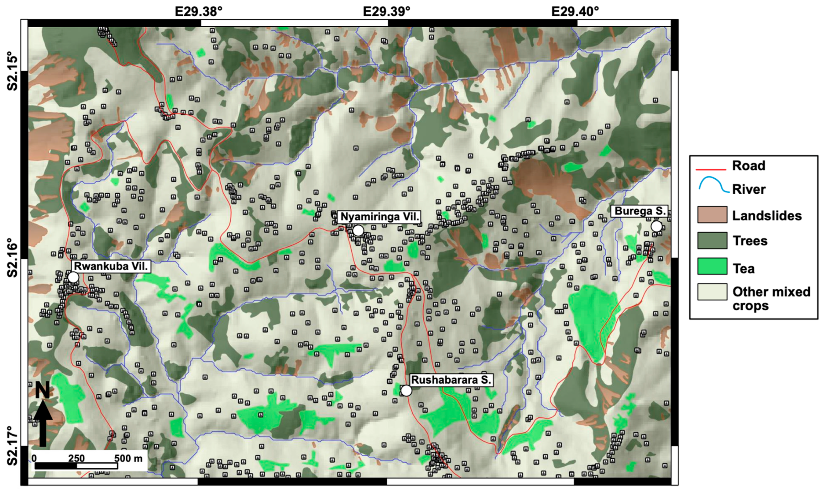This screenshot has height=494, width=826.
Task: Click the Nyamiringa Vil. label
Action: click(x=380, y=217)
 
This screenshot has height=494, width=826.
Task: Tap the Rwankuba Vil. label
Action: click(x=111, y=266)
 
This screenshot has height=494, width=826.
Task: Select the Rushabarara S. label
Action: click(x=451, y=380)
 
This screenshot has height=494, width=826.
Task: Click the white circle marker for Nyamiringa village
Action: click(x=358, y=230)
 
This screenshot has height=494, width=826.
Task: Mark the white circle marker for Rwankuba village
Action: click(x=73, y=277)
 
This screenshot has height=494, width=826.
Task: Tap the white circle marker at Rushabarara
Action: click(x=406, y=391)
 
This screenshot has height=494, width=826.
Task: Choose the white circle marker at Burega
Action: click(x=656, y=226)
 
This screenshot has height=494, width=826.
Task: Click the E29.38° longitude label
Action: click(x=199, y=12)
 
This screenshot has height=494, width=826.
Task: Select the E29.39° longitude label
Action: click(x=387, y=12)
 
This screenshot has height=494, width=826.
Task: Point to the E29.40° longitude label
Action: click(x=575, y=12)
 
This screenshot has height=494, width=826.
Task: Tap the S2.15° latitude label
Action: click(x=13, y=71)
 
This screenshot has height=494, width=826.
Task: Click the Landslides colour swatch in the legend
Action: click(x=712, y=214)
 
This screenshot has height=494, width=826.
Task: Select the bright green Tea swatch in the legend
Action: click(x=712, y=266)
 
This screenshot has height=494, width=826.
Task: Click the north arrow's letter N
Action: click(x=43, y=390)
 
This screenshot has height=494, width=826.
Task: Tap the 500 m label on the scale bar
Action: click(x=128, y=458)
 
